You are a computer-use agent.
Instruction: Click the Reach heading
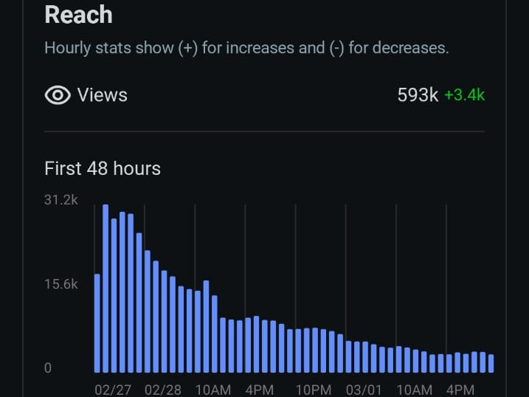coord(78,15)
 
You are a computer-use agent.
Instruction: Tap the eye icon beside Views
coord(58,95)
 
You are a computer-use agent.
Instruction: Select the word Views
coord(103,95)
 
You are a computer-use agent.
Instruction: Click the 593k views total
coord(418,95)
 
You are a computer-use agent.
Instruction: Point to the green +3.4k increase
coord(464,95)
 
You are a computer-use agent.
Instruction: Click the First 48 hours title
coord(103,168)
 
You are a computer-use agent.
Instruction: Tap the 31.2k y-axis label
coord(61,200)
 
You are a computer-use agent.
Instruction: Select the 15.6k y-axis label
coord(61,284)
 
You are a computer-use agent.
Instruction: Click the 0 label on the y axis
coord(48,367)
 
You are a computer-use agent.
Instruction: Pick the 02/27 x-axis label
coord(113,389)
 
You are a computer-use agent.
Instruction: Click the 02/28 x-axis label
coord(163,389)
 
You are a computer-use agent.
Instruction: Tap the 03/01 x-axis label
coord(364,389)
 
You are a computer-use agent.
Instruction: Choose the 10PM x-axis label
coord(313,389)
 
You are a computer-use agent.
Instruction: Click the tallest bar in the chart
coord(106,289)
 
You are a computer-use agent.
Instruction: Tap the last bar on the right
coord(491,363)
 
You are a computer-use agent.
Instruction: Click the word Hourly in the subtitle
coord(68,49)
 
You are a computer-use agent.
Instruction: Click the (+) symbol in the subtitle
coord(187,49)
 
